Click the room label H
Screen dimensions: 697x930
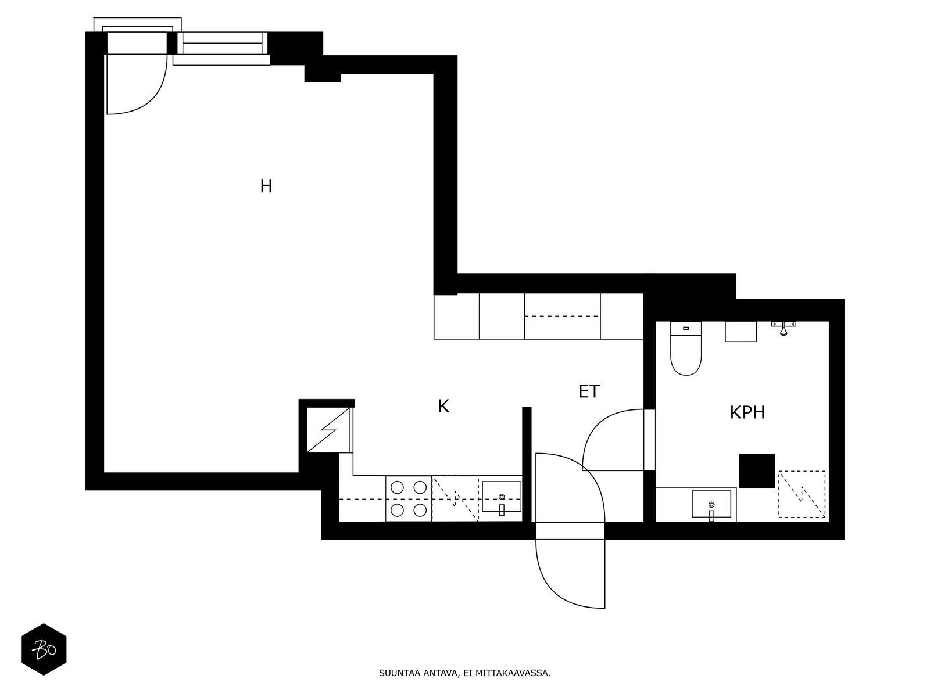[266, 186]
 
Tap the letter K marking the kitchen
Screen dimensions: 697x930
[443, 407]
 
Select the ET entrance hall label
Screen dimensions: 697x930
[589, 392]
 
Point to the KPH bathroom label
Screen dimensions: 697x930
[747, 413]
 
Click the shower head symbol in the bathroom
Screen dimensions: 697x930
[784, 329]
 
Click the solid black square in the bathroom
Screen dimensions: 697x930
[757, 471]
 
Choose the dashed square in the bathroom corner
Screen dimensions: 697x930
[802, 494]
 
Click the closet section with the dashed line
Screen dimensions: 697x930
[562, 317]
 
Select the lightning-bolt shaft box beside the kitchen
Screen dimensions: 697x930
[329, 430]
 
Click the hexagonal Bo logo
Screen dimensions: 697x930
[44, 649]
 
